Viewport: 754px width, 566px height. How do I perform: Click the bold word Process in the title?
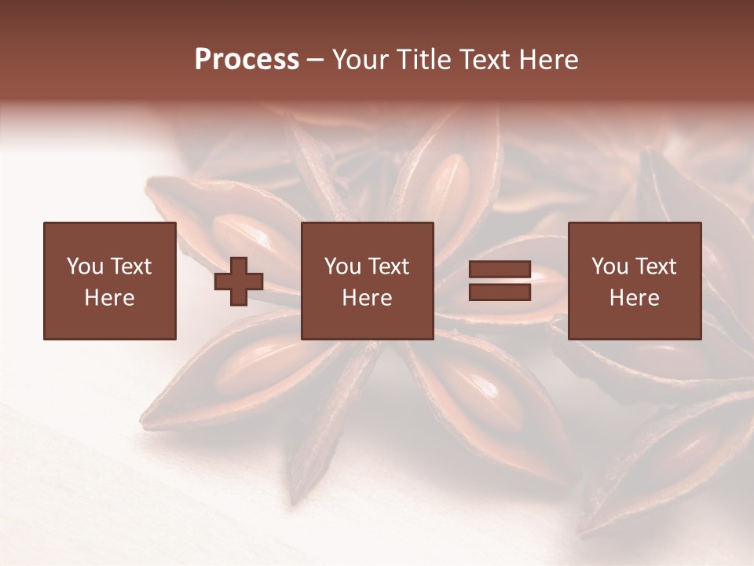[x=247, y=60]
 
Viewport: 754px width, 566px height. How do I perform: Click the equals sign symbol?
[x=500, y=281]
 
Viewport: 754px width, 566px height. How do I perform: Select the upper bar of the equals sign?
[x=500, y=270]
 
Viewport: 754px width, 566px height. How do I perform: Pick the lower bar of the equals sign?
[x=500, y=292]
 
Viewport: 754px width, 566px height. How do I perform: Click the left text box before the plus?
[x=109, y=281]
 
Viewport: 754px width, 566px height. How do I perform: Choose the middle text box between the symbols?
[x=367, y=281]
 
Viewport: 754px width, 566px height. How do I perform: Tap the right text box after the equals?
[x=634, y=281]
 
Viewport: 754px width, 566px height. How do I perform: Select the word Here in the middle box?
[x=367, y=298]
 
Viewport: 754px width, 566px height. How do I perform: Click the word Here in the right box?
[x=634, y=298]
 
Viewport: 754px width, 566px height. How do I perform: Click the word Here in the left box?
[x=109, y=298]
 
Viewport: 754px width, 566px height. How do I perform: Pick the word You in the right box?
[x=609, y=266]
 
